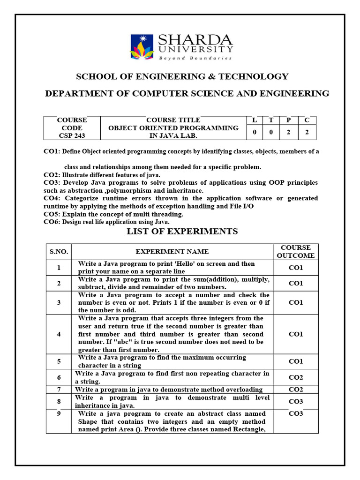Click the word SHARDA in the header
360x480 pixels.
tap(195, 39)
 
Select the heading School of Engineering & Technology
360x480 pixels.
tap(182, 76)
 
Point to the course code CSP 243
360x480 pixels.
tap(72, 136)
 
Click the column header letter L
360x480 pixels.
tap(255, 120)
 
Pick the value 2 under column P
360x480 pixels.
tap(289, 132)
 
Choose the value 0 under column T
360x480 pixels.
tap(271, 132)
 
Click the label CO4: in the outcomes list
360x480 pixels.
tap(52, 198)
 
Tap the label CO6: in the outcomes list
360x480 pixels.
tap(52, 222)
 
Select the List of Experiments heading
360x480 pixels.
tap(182, 232)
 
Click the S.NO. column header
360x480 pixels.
tap(59, 252)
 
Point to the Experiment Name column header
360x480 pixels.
tap(172, 252)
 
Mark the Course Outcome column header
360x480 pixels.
tap(295, 252)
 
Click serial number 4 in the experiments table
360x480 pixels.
tap(59, 334)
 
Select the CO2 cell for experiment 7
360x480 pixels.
tap(295, 390)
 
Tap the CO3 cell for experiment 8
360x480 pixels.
tap(295, 402)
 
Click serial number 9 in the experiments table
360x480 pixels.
tap(59, 414)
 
